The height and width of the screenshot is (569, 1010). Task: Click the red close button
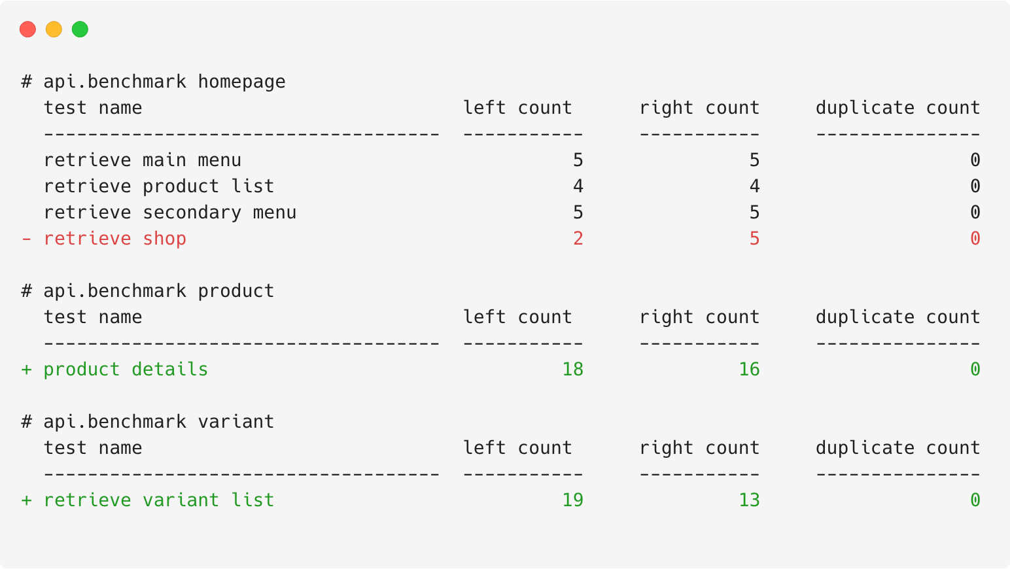27,29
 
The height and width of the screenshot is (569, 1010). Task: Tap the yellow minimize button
54,29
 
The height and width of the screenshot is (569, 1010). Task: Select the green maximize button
80,29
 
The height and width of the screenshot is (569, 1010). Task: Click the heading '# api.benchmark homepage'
153,82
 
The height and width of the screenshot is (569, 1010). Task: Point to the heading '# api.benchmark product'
148,291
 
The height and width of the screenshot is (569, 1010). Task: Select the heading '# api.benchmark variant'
148,422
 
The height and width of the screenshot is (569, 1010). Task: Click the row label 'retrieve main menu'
142,160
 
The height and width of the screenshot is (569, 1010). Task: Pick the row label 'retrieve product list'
159,186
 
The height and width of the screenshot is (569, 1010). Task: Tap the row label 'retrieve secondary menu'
170,213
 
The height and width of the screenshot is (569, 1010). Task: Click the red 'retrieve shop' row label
115,239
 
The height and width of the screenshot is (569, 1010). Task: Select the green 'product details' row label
126,370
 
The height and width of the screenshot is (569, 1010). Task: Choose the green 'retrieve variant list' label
159,500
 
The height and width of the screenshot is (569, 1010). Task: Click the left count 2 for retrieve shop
578,239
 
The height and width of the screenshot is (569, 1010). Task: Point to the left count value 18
572,370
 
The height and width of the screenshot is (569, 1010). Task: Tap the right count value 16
749,370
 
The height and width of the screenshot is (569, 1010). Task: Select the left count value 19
572,500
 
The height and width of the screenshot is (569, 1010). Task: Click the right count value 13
749,500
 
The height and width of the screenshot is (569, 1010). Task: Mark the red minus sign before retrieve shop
26,239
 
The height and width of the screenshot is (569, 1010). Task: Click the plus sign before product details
26,370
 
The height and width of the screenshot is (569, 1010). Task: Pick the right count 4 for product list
754,186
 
